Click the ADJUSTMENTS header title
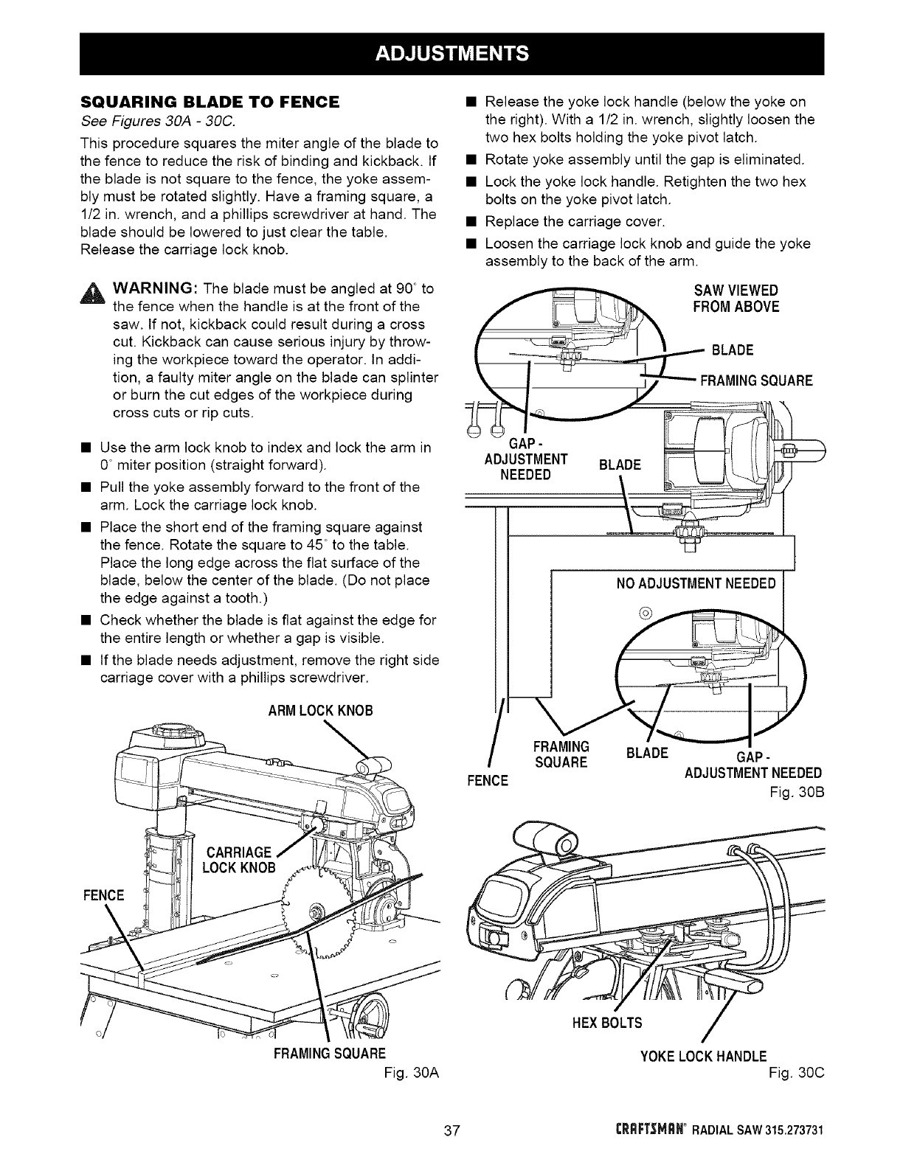coord(451,54)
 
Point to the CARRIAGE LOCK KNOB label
coord(238,858)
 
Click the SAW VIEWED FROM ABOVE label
coord(736,297)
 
